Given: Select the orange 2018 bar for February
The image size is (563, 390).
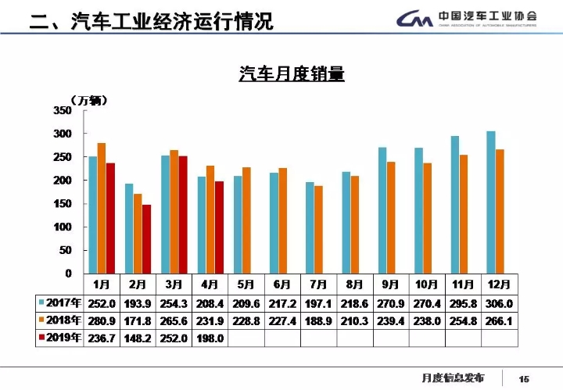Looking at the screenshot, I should coord(138,234).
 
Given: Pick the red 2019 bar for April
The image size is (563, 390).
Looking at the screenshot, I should coord(219,227).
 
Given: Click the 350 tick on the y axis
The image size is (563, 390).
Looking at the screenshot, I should coord(63,111).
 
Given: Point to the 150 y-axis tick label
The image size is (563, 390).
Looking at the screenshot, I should coord(63,204).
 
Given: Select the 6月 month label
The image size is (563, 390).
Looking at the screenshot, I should coord(282,284).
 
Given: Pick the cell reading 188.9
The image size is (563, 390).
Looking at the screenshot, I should coord(317,321).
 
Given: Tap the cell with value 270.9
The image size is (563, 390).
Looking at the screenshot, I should coord(390,303).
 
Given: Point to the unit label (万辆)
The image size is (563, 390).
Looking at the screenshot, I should coord(88,99).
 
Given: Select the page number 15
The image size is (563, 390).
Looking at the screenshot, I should coord(524,379).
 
